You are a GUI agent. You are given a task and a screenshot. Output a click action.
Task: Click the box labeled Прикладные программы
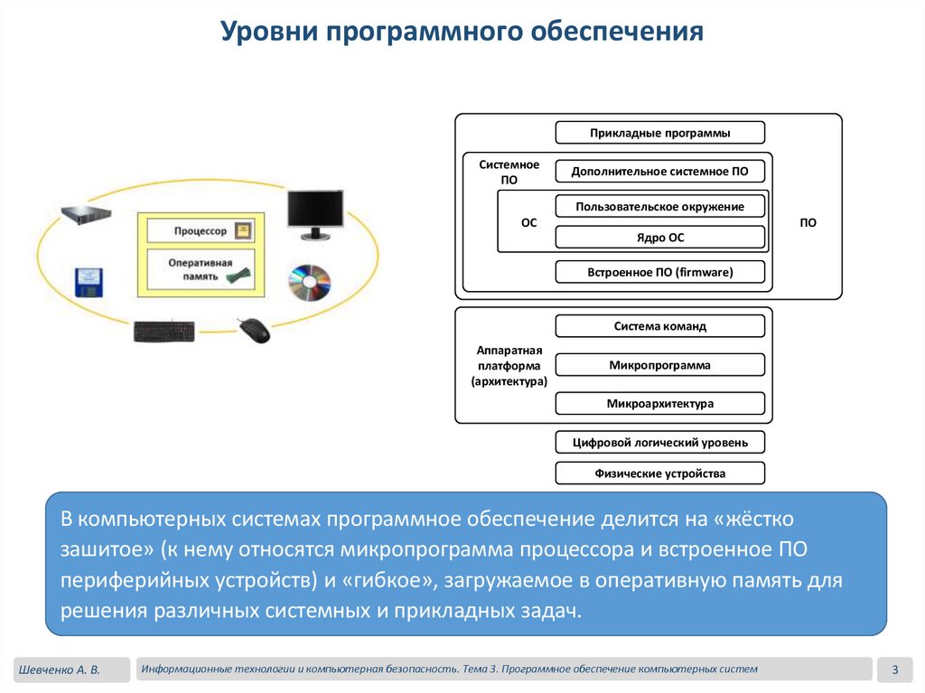click(659, 133)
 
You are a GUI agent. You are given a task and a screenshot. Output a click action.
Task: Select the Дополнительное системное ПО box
click(659, 171)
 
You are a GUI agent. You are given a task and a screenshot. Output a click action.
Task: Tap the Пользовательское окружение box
click(659, 207)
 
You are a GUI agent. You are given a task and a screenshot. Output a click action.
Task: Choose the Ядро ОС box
click(659, 238)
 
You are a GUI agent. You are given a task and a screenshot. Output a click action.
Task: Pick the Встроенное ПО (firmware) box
click(659, 272)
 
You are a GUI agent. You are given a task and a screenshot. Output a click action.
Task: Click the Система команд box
click(659, 326)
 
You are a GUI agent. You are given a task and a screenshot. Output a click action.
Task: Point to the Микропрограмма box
click(659, 365)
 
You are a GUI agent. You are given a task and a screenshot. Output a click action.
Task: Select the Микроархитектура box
click(659, 403)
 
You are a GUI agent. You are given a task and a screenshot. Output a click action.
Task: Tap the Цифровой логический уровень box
click(659, 442)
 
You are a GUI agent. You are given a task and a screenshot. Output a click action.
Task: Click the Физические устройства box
click(659, 473)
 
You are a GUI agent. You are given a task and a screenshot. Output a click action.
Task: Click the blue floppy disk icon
click(90, 282)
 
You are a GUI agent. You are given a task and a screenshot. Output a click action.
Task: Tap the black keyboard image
click(164, 332)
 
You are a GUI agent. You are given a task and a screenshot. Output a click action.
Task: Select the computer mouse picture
click(254, 330)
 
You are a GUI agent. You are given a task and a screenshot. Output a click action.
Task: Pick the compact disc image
click(310, 283)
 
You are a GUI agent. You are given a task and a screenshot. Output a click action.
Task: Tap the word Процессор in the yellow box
click(201, 231)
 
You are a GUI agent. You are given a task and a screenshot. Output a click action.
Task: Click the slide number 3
click(894, 670)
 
